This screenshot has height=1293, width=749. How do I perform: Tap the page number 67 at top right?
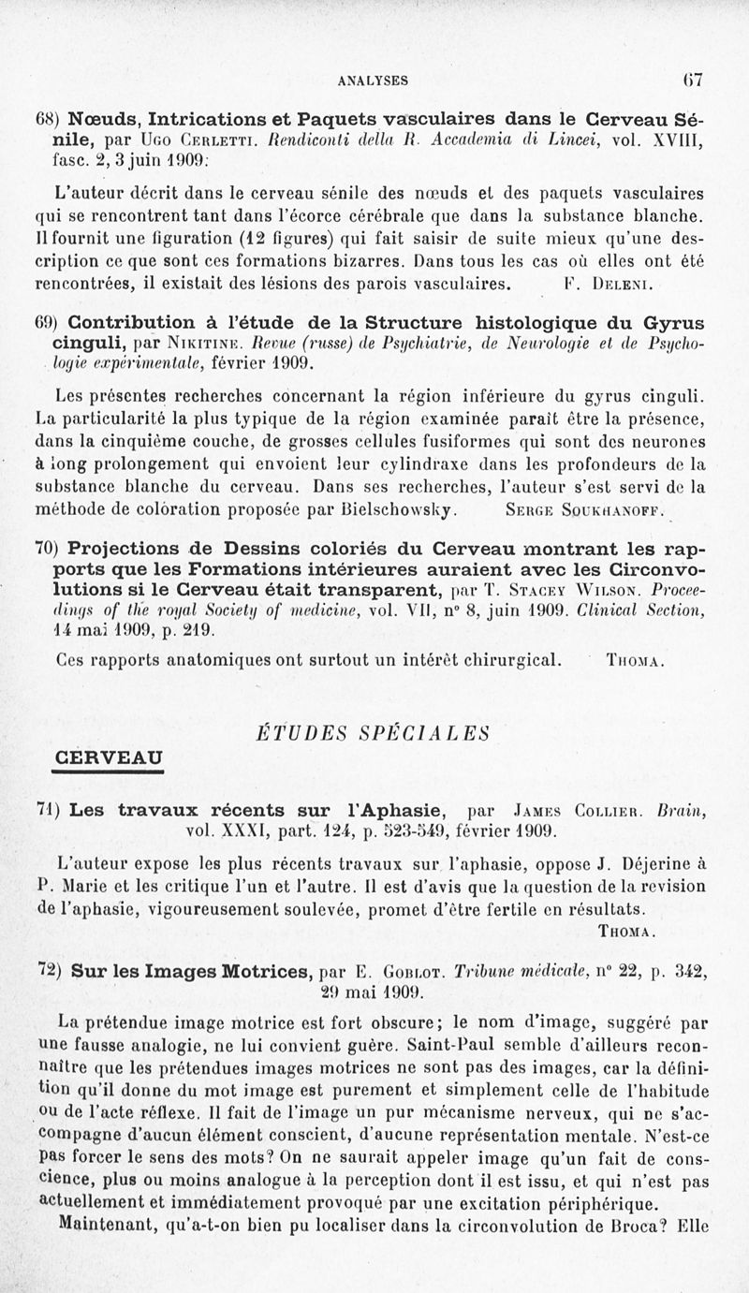[x=692, y=81]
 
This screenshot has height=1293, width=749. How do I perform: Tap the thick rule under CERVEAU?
[x=110, y=770]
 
